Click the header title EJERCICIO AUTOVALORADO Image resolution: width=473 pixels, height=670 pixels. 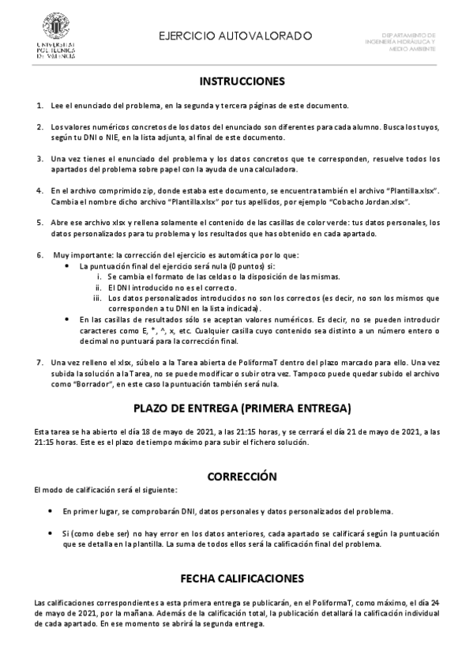coord(235,36)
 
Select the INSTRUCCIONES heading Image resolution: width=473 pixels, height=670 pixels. coord(242,81)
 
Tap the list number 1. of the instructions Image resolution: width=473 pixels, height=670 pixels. coord(40,106)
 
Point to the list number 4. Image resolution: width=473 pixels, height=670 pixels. coord(40,191)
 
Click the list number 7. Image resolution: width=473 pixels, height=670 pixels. coord(40,362)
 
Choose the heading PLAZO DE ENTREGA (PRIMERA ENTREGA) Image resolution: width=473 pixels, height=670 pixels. coord(242,408)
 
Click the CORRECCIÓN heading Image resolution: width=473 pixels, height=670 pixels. coord(242,476)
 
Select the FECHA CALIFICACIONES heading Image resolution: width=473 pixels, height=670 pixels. coord(242,578)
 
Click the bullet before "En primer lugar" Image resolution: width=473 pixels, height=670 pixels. coord(51,511)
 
